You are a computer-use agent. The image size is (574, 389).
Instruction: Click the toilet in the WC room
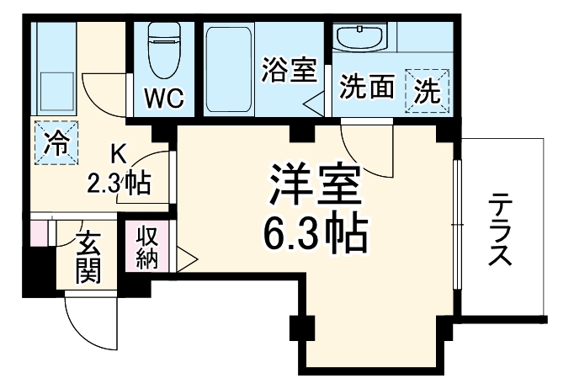click(x=163, y=51)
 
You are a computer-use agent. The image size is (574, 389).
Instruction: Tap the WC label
click(x=163, y=98)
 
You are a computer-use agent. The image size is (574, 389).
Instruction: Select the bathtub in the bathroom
click(x=229, y=70)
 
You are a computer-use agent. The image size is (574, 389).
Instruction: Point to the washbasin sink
click(x=359, y=35)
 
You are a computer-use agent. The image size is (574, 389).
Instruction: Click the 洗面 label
click(x=367, y=86)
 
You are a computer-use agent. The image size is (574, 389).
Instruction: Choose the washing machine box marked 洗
click(x=427, y=91)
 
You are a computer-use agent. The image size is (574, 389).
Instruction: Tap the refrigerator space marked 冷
click(x=56, y=143)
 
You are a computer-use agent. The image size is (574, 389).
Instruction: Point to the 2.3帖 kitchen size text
click(x=119, y=184)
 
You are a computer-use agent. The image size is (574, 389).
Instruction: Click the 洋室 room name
click(x=315, y=184)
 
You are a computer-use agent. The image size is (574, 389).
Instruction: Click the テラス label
click(x=500, y=229)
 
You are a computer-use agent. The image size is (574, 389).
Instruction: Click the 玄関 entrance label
click(x=88, y=258)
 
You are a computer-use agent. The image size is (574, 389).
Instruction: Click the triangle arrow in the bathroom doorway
click(x=314, y=104)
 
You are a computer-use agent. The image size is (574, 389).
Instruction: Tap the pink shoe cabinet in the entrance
click(x=39, y=233)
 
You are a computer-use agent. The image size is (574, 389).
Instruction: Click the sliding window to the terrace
click(x=457, y=224)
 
